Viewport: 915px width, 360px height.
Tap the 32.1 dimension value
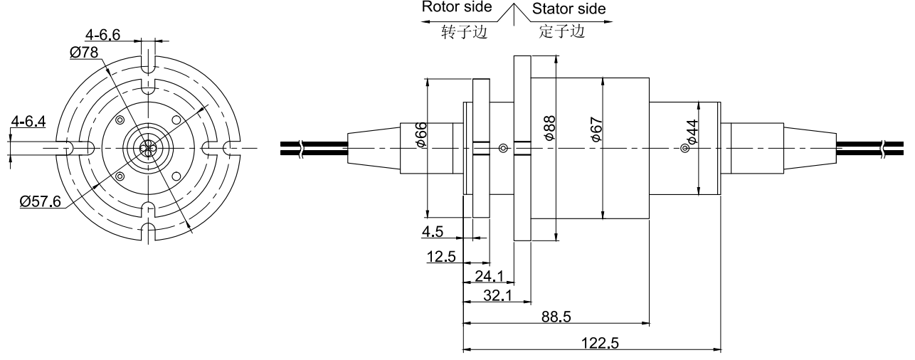497,295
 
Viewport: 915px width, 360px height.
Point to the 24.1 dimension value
488,275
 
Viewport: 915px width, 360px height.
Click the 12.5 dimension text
440,256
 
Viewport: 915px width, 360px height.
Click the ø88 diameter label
549,129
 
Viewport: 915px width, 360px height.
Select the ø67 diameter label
598,129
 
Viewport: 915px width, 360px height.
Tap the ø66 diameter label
421,134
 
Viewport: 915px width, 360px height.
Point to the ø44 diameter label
692,132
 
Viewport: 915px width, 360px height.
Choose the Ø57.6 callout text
41,202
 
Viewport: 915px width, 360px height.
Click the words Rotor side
456,9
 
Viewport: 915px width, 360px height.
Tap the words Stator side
568,10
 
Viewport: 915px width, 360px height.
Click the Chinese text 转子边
462,32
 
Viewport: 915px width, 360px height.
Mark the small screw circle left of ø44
684,148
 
